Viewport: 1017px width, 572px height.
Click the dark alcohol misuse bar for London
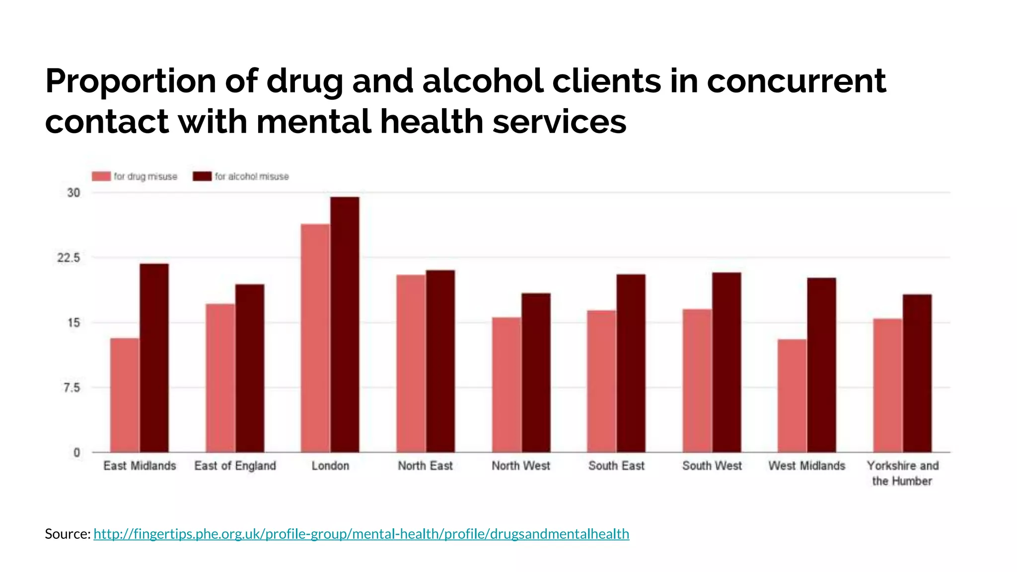[x=345, y=325]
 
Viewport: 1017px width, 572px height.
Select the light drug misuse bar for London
[x=315, y=338]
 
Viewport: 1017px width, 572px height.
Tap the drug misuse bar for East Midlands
[x=125, y=395]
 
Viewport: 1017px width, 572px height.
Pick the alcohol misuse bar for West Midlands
[x=821, y=365]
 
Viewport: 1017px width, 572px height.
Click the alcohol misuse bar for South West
[x=726, y=362]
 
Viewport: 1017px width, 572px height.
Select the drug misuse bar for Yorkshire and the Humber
[x=888, y=385]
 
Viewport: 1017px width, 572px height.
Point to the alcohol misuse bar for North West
[x=535, y=372]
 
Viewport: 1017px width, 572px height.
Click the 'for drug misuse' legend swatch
[x=101, y=176]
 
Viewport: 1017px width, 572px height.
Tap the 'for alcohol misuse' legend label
[x=251, y=176]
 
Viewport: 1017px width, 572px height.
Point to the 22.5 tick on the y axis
[x=69, y=258]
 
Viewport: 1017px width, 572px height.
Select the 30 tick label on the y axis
[x=73, y=193]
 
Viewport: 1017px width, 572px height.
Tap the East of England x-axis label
[x=235, y=466]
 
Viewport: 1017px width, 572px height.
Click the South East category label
[x=616, y=466]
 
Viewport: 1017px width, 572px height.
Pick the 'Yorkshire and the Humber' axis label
[x=902, y=473]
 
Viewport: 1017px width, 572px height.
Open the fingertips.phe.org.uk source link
[x=361, y=534]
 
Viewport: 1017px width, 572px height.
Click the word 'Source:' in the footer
[x=68, y=534]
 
